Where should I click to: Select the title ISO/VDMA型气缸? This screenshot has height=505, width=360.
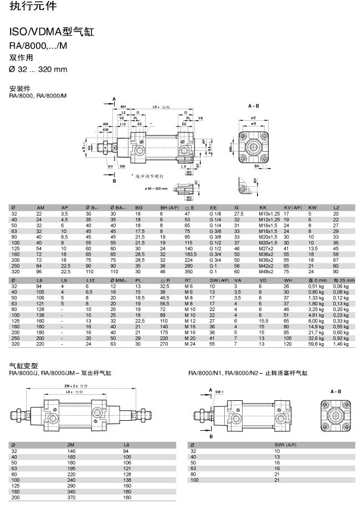pyautogui.click(x=52, y=32)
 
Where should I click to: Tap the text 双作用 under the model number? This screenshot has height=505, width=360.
pyautogui.click(x=22, y=57)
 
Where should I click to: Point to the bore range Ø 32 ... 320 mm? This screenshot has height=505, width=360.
pyautogui.click(x=38, y=69)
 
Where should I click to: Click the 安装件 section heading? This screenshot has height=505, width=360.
pyautogui.click(x=20, y=89)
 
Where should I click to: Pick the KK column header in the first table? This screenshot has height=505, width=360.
pyautogui.click(x=263, y=207)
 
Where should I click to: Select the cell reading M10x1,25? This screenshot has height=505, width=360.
pyautogui.click(x=269, y=213)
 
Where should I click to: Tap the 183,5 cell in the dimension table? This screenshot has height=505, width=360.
pyautogui.click(x=190, y=254)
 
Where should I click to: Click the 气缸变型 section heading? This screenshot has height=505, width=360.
pyautogui.click(x=23, y=366)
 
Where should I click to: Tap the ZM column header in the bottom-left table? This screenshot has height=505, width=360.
pyautogui.click(x=70, y=445)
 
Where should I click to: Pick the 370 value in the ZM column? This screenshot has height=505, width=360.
pyautogui.click(x=70, y=498)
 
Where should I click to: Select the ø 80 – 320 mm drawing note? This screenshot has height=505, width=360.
pyautogui.click(x=155, y=189)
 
